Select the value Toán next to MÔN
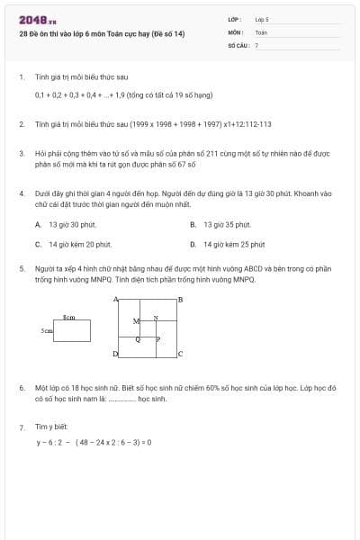click(x=261, y=31)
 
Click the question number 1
click(x=22, y=77)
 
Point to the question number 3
click(x=22, y=154)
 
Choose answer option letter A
click(x=38, y=224)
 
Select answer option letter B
click(x=193, y=224)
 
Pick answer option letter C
click(x=38, y=244)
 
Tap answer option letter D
click(x=193, y=244)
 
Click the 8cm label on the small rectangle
click(x=68, y=318)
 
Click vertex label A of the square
click(x=115, y=299)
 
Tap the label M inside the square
click(x=136, y=321)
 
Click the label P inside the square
click(x=158, y=339)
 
